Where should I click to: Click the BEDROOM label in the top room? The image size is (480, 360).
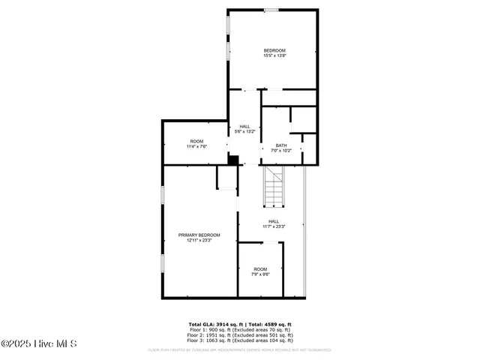point(274,50)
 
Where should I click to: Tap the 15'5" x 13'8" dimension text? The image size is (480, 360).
point(274,55)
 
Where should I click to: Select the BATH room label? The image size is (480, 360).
point(280,145)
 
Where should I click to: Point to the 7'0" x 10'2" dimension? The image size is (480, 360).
point(280,151)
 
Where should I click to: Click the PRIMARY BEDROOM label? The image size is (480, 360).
point(199,235)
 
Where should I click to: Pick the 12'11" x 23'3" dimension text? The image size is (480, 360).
point(199,240)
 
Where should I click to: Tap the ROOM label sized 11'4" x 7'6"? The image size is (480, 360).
point(196,141)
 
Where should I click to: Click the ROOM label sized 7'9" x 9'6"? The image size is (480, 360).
point(260,269)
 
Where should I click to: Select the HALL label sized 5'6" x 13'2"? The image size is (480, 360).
point(244,126)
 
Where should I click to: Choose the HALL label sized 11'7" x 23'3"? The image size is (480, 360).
point(273,220)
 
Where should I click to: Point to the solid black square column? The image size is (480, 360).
point(232,160)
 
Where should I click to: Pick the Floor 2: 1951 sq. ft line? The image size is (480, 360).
point(240,334)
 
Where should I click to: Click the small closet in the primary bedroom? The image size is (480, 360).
point(226,178)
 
